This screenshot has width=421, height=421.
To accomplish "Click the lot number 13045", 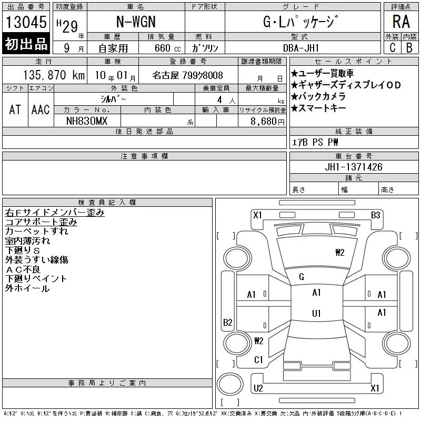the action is point(26,22).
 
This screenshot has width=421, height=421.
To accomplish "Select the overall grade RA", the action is point(401,22).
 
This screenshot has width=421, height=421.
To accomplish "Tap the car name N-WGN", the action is point(136,22).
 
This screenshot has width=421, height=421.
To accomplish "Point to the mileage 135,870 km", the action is point(54,75).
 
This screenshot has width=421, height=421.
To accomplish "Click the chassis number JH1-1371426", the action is point(354,167).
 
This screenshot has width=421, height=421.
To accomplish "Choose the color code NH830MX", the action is point(87,121).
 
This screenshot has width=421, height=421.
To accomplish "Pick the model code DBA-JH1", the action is point(301,48).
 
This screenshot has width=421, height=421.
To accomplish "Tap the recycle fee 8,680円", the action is point(267,122).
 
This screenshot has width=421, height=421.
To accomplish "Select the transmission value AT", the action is point(15,109).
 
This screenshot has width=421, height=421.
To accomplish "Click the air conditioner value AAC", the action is point(41,109).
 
